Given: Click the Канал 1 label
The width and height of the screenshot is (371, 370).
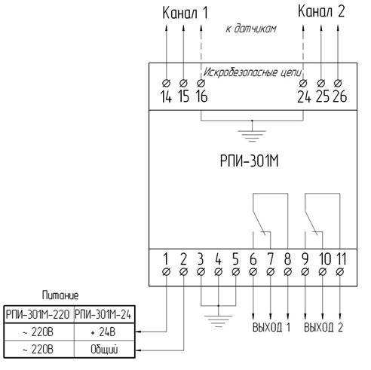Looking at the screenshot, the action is (x=185, y=13).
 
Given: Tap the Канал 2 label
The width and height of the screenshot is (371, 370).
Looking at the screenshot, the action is (x=321, y=11).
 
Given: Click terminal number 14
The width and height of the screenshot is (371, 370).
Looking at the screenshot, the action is (x=166, y=96).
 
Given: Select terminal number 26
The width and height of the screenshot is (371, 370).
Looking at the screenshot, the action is (x=339, y=96).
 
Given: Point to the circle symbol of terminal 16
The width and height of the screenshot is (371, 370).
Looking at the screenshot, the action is (x=201, y=83).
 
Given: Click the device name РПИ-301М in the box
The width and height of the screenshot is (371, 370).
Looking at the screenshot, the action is (x=249, y=161).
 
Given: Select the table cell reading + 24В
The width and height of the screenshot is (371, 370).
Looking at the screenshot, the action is (x=104, y=332).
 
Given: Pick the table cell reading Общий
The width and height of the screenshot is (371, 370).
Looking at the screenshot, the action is (x=104, y=350).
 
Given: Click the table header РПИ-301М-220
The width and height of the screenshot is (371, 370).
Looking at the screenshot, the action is (x=38, y=314).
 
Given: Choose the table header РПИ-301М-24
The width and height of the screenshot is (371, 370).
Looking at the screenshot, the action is (x=103, y=314).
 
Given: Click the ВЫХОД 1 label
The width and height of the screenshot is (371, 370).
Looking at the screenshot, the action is (x=271, y=327).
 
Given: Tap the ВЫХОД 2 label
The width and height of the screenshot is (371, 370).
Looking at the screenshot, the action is (x=323, y=327).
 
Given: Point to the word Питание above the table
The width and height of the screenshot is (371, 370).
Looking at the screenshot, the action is (x=60, y=295).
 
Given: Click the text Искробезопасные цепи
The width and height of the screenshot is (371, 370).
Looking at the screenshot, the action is (x=252, y=72).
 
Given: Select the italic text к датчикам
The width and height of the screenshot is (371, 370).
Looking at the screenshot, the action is (x=251, y=29).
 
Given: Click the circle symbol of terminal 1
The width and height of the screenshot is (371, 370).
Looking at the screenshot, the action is (x=166, y=272).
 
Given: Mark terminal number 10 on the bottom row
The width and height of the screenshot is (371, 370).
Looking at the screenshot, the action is (x=325, y=259).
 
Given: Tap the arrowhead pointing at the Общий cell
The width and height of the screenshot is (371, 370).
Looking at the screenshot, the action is (x=138, y=350).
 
